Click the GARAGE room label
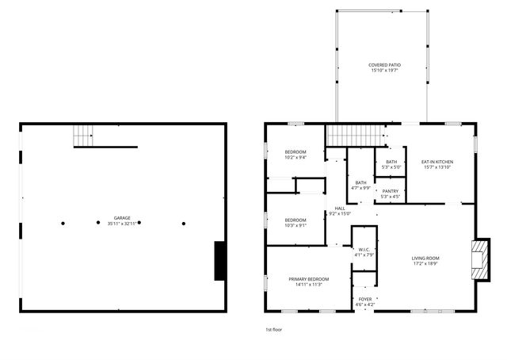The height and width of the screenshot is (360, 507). [x=122, y=217]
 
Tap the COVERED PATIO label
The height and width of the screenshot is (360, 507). [x=383, y=65]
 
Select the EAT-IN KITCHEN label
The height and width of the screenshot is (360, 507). [x=436, y=162]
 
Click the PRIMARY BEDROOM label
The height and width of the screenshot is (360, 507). [x=308, y=279]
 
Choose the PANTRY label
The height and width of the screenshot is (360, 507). [x=391, y=191]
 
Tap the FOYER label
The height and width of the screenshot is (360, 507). [x=364, y=299]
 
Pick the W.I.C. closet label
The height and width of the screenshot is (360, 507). [x=362, y=249]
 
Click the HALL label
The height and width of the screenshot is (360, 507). [x=339, y=208]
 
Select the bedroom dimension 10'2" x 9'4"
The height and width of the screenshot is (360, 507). [x=295, y=158]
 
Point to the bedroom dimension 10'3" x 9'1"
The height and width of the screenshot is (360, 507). [x=295, y=225]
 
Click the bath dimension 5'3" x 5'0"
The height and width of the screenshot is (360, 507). [x=391, y=167]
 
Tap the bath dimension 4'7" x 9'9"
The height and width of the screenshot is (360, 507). [x=361, y=188]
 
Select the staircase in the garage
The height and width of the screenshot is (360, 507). [x=84, y=136]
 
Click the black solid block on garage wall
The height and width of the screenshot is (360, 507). [x=221, y=260]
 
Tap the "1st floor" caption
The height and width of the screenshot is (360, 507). [x=274, y=329]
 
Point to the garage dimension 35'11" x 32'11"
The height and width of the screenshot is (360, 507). [x=122, y=223]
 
